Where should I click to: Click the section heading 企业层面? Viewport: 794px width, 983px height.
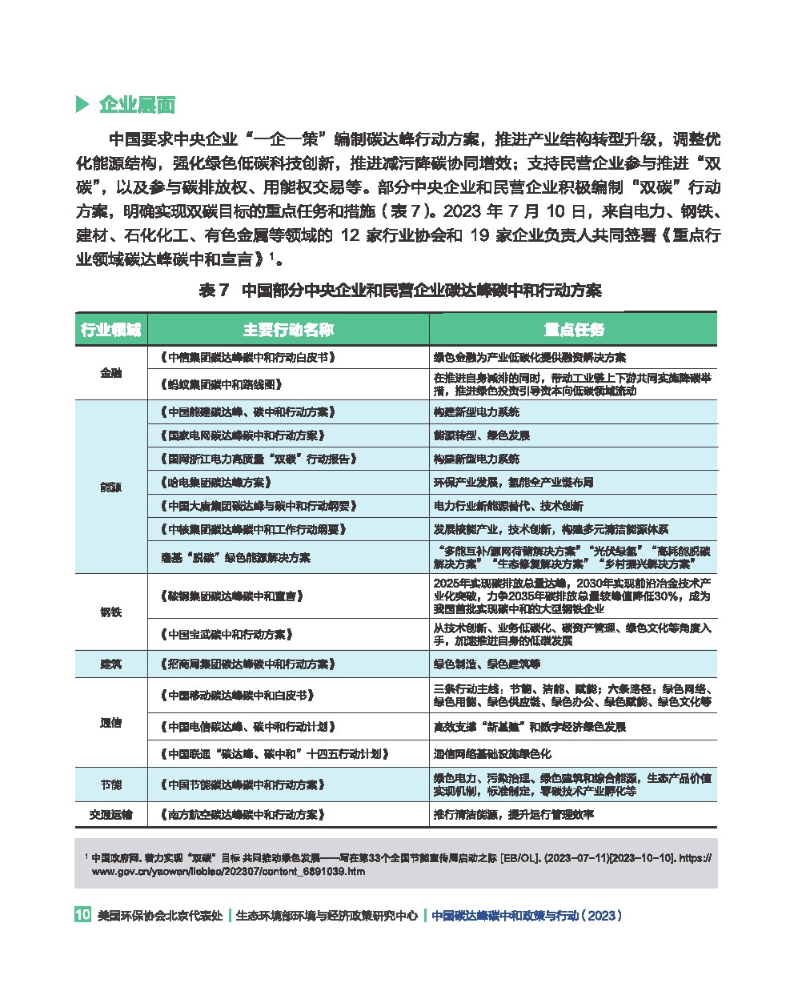[x=136, y=105]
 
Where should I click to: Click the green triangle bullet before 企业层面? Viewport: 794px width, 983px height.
[x=81, y=105]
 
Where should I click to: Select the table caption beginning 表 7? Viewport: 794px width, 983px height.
[x=399, y=291]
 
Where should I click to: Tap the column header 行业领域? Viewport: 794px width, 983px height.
[x=111, y=330]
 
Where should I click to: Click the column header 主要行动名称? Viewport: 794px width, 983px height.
[x=288, y=330]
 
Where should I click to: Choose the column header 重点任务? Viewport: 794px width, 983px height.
[x=573, y=330]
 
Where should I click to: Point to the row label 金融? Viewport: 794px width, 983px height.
[x=111, y=373]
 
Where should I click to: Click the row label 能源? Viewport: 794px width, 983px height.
[x=111, y=487]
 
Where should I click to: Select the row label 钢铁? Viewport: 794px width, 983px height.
[x=111, y=612]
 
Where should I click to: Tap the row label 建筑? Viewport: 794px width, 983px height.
[x=111, y=664]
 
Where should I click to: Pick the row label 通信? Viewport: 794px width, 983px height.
[x=111, y=724]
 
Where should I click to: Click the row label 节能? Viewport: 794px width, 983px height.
[x=111, y=784]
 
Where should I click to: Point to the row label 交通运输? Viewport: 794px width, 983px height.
[x=111, y=815]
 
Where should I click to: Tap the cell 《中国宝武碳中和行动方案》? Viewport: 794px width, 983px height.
[x=226, y=634]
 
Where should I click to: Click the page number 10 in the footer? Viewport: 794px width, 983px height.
[x=82, y=915]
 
